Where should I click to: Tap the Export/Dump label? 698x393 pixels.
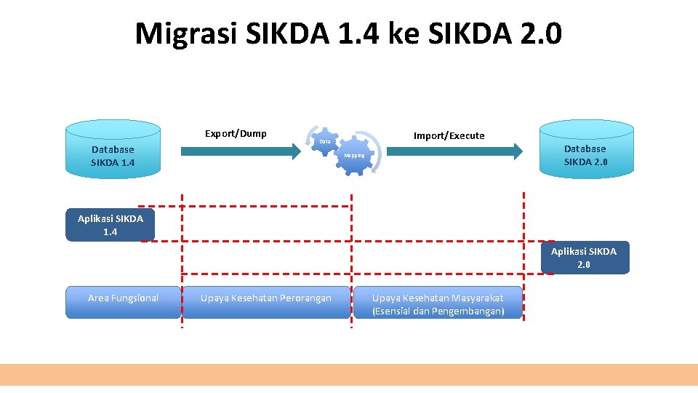[x=236, y=133]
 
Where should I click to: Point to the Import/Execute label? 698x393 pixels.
[x=449, y=135]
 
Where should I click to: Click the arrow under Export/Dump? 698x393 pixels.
[x=240, y=151]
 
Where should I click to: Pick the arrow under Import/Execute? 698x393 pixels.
[x=454, y=151]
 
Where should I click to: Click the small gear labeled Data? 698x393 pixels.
[x=325, y=140]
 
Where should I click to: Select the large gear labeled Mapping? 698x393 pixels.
[x=356, y=156]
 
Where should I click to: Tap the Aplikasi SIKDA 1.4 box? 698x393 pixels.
[x=111, y=225]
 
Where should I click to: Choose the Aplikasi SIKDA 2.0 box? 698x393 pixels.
[x=585, y=258]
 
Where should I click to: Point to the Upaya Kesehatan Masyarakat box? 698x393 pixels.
[x=438, y=302]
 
